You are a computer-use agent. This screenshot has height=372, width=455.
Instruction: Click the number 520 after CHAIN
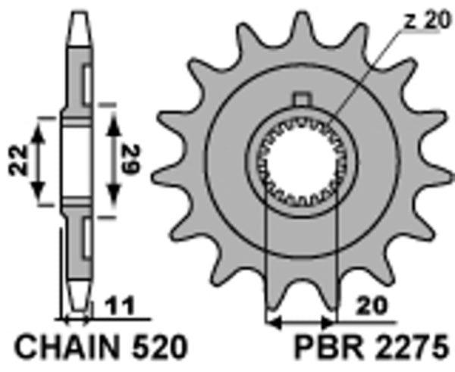pos(155,349)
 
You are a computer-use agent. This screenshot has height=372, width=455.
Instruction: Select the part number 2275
pos(406,349)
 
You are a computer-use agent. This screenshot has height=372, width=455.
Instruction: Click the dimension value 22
pos(22,160)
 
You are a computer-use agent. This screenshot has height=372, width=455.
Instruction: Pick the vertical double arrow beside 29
pos(113,160)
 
